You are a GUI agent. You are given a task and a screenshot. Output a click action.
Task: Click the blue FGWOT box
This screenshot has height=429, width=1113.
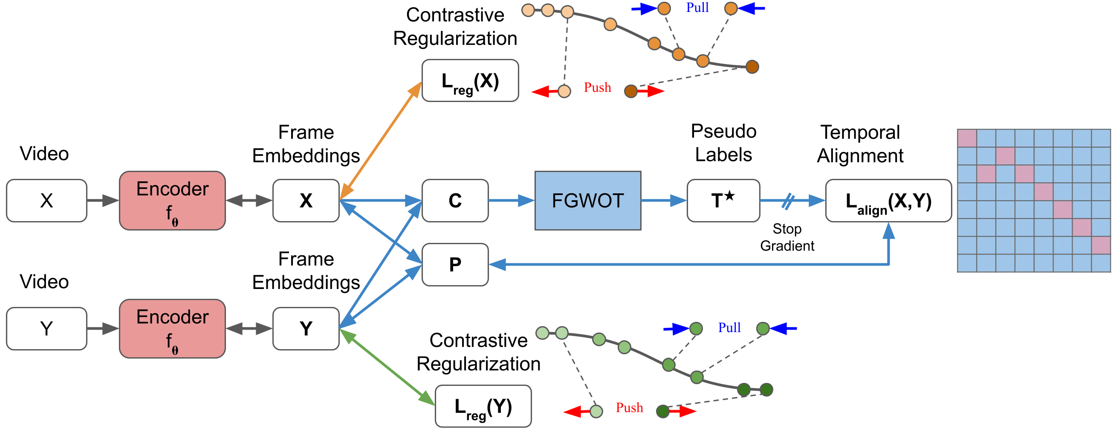coord(587,201)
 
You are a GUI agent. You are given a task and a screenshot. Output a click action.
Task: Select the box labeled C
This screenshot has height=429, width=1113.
coord(455,201)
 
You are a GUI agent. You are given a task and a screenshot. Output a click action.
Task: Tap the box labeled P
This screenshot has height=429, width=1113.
coord(455,265)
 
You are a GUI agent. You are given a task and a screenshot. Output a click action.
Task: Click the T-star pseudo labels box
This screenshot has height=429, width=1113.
coord(723,201)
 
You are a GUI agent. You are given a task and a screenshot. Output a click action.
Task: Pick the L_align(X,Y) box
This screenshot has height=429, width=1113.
coord(888,201)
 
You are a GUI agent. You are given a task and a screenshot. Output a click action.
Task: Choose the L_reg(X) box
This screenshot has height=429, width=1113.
coord(470,81)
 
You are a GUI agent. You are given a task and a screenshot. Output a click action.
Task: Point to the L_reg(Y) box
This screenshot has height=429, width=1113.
coord(483,406)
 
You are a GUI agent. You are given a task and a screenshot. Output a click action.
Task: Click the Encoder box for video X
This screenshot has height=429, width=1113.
coord(172,201)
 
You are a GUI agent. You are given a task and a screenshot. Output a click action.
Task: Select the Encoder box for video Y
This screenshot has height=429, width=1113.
coord(172,329)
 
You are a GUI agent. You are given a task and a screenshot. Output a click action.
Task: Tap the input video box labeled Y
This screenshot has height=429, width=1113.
coord(46,329)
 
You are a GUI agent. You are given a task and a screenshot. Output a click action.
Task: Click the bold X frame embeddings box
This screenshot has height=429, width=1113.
coord(306,201)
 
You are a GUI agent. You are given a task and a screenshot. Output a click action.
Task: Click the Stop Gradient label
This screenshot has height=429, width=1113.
coord(787,237)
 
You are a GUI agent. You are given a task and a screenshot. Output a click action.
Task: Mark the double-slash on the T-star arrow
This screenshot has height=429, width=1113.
coord(788,201)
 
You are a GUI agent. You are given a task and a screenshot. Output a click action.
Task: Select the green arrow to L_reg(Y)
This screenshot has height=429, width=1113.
coord(387,368)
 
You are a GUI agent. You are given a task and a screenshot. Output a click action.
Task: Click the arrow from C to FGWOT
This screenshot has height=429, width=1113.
coord(512,201)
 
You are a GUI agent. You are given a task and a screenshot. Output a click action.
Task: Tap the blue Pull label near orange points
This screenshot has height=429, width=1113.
coord(697,8)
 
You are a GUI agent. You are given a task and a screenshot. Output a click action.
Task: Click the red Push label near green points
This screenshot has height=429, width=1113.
coord(629,408)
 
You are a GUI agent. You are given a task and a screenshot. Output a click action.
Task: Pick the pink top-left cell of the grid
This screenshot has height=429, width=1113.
coord(967,138)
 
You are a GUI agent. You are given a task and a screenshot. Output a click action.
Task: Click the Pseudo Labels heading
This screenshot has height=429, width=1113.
coord(723,143)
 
